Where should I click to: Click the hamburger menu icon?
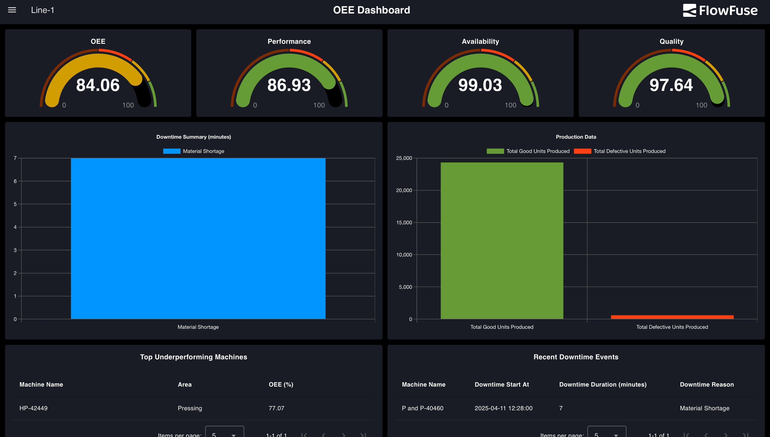point(12,10)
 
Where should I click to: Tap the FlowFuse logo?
point(720,10)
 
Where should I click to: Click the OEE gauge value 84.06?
point(98,85)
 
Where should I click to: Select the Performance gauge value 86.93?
point(289,85)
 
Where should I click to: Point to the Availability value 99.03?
point(480,85)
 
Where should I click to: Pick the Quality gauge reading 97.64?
point(671,85)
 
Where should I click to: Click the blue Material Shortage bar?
point(198,239)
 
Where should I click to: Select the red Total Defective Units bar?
point(672,317)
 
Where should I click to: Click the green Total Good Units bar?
point(502,240)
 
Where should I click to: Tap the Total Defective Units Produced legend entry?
point(629,151)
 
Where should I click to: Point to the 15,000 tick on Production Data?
point(404,222)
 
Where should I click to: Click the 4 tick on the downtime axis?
point(15,227)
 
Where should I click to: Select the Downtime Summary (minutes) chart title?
point(194,137)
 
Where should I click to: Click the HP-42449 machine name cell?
point(33,408)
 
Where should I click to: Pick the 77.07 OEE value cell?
point(276,408)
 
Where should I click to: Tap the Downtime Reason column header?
point(707,385)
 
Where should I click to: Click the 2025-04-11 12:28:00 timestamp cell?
point(503,408)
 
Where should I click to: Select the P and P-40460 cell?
point(422,408)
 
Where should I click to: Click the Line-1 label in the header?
point(43,10)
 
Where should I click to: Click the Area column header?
point(185,385)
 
